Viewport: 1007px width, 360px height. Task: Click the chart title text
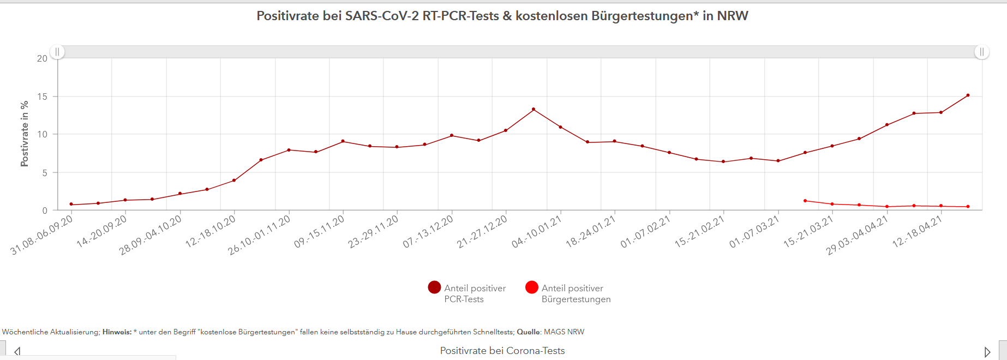tap(502, 16)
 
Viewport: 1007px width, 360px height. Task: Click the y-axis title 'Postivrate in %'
tap(25, 134)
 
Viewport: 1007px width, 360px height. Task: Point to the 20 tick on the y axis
tap(42, 58)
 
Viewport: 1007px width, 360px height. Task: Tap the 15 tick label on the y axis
tap(42, 97)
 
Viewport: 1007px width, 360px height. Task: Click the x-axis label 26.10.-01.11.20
tap(260, 235)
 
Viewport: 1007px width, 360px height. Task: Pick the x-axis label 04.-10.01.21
tap(537, 231)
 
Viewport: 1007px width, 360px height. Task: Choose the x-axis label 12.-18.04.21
tap(918, 231)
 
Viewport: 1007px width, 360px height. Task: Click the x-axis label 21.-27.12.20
tap(482, 231)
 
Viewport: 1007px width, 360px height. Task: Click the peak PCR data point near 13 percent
tap(534, 110)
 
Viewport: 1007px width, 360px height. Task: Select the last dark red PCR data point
tap(968, 95)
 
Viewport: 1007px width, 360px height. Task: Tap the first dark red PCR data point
tap(71, 205)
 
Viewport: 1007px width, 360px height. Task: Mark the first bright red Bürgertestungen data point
tap(805, 201)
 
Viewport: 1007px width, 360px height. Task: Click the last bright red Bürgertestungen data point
tap(968, 207)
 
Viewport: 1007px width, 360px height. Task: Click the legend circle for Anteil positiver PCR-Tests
tap(434, 287)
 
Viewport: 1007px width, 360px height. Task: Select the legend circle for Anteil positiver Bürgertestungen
tap(532, 287)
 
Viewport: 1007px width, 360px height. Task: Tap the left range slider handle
tap(57, 52)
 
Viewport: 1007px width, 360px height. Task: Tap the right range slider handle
tap(981, 52)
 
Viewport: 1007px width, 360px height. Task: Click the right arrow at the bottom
tap(987, 352)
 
